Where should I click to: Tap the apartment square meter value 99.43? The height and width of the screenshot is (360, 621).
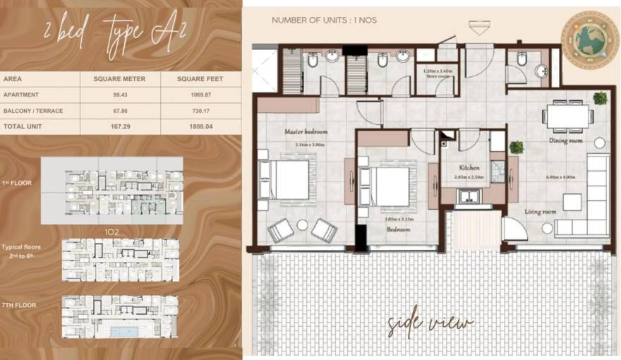pyautogui.click(x=119, y=95)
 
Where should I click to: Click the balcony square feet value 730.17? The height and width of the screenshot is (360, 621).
pyautogui.click(x=200, y=109)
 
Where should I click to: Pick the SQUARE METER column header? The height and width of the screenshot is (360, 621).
pyautogui.click(x=119, y=79)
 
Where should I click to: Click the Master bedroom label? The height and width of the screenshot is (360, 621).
pyautogui.click(x=306, y=132)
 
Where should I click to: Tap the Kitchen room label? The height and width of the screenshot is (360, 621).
pyautogui.click(x=469, y=167)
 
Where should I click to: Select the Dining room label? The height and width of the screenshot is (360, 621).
pyautogui.click(x=566, y=140)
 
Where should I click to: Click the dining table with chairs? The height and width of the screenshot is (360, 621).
pyautogui.click(x=567, y=115)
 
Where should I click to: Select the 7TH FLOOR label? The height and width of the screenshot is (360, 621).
pyautogui.click(x=19, y=305)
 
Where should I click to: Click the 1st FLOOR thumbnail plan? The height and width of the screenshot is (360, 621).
pyautogui.click(x=111, y=190)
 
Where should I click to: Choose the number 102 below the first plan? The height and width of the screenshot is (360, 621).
pyautogui.click(x=110, y=231)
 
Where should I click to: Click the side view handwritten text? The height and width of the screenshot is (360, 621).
pyautogui.click(x=430, y=323)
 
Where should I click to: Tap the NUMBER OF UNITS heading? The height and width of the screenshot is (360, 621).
pyautogui.click(x=324, y=20)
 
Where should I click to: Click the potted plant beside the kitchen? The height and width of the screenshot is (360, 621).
pyautogui.click(x=517, y=148)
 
